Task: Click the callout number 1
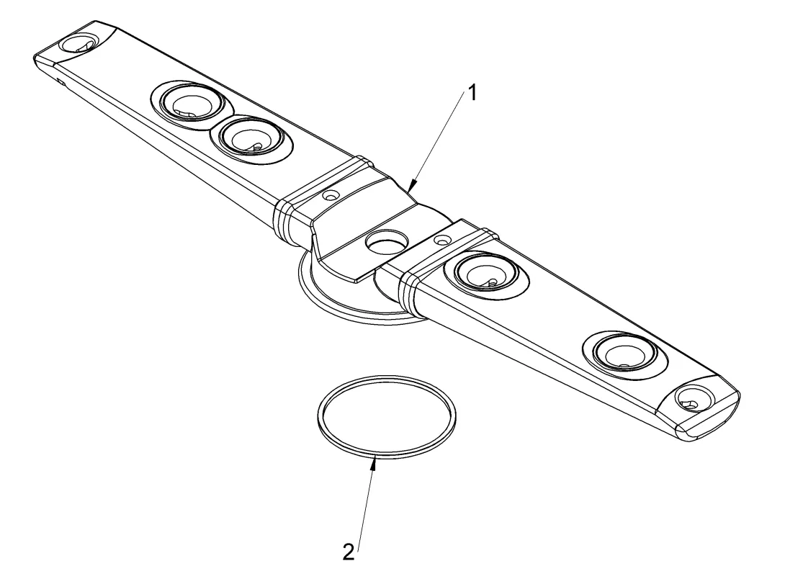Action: tap(471, 93)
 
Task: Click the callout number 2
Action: tap(349, 552)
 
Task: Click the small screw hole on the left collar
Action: tap(330, 194)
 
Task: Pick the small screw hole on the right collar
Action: tap(442, 241)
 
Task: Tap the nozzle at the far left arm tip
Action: tap(79, 43)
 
